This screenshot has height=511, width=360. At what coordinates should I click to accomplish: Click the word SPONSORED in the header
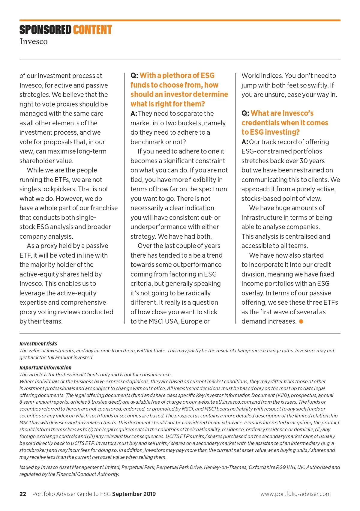click(45, 30)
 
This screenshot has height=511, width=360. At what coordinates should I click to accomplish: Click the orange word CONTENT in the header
click(92, 30)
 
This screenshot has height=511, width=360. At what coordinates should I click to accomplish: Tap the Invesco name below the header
click(34, 41)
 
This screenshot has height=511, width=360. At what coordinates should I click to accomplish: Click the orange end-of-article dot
click(301, 321)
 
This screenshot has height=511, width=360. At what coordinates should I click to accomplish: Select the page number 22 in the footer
click(23, 494)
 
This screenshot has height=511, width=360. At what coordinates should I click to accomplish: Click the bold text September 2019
click(134, 494)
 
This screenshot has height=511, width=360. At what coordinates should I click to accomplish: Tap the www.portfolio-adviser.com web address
click(295, 494)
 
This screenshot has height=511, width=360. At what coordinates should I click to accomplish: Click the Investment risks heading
click(38, 344)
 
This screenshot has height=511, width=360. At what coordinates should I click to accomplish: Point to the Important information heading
click(45, 368)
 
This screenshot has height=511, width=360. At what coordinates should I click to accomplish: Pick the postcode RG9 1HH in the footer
click(286, 467)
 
